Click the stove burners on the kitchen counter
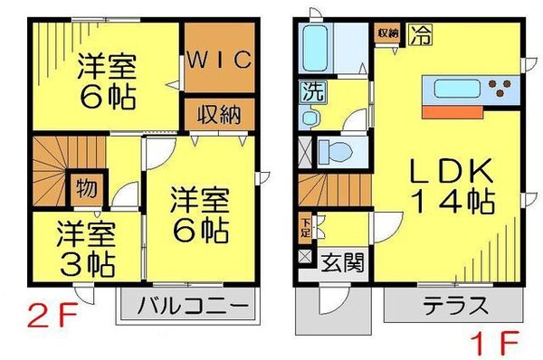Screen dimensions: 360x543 tap(498, 90)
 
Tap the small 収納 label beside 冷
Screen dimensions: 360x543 tap(387, 33)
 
